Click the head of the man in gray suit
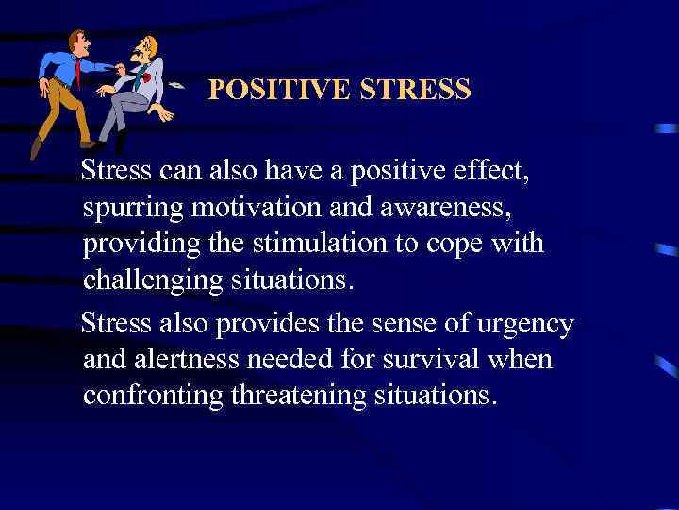(146, 47)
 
